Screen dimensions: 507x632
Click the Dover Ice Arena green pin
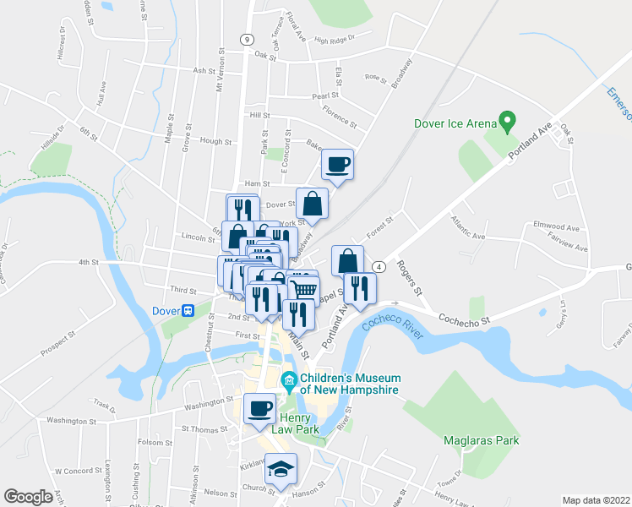click(507, 122)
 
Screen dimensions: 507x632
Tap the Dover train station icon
click(188, 310)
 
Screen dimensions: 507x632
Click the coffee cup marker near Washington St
click(259, 410)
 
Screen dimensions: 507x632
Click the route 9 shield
click(245, 39)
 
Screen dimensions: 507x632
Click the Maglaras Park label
click(481, 439)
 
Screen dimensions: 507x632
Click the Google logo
click(28, 496)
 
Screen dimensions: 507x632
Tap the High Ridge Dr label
click(335, 39)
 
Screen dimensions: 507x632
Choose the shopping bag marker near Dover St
click(312, 203)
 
